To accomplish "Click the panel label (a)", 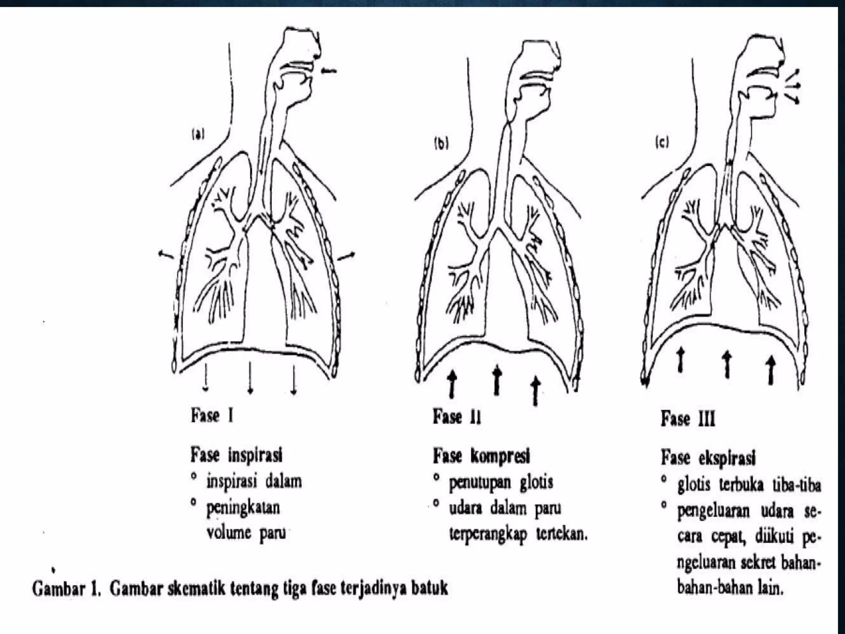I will tap(198, 135).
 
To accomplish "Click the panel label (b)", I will tap(441, 144).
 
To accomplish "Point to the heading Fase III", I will tap(688, 419).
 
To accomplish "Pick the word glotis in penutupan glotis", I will tap(536, 482).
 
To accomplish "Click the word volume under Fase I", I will tap(229, 532).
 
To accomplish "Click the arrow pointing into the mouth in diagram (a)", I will tap(329, 71).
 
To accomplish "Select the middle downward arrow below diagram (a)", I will tap(250, 378).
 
